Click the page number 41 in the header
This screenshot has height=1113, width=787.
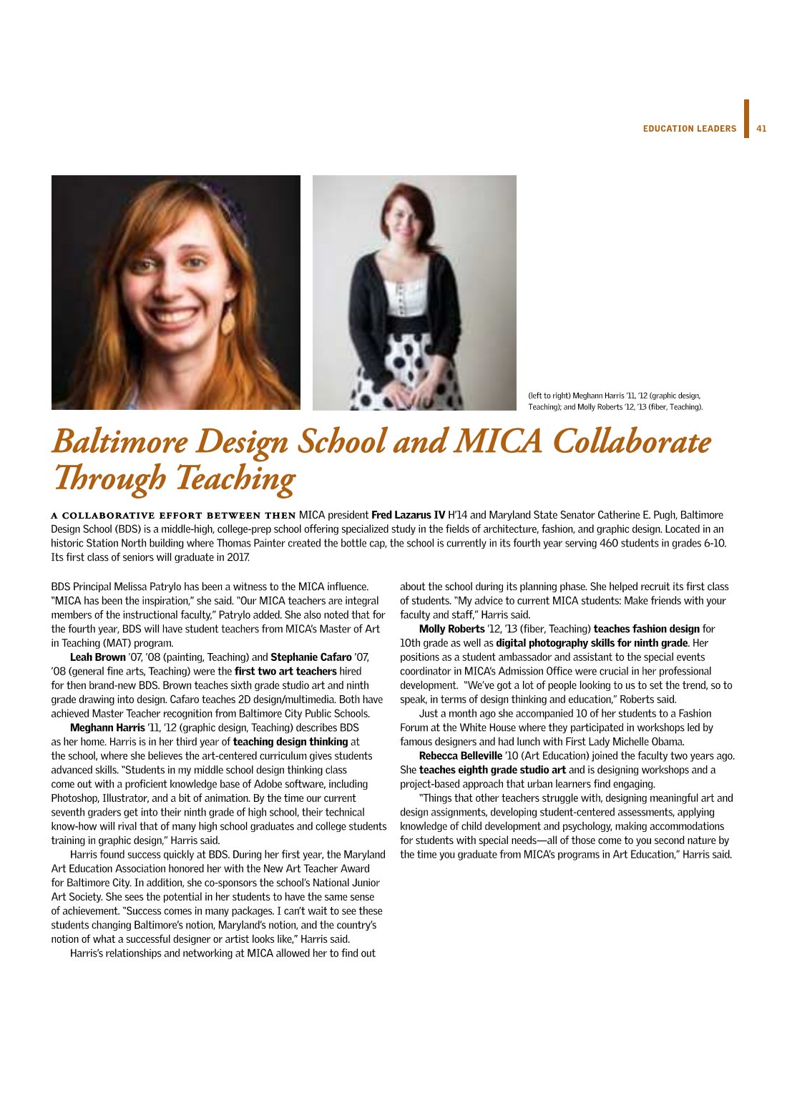pos(761,129)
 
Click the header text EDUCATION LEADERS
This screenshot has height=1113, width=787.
pos(689,129)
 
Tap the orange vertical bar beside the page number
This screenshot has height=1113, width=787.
pos(746,119)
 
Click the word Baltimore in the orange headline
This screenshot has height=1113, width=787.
pos(119,442)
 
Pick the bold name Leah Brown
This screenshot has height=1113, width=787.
pos(97,657)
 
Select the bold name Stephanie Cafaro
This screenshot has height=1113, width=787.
pos(311,657)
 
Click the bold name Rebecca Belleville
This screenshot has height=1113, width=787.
pos(460,755)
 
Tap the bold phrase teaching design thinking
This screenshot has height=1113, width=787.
pos(290,742)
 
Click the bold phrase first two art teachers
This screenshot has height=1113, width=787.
pos(285,671)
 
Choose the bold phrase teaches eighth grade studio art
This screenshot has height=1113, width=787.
pos(492,770)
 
